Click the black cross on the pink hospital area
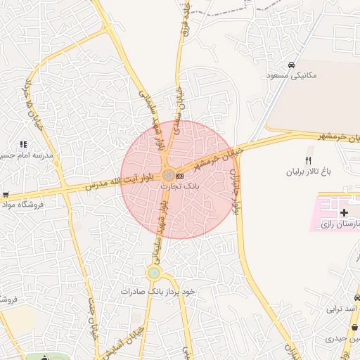pyautogui.click(x=344, y=212)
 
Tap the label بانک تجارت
pyautogui.click(x=180, y=187)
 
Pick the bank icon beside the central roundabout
pyautogui.click(x=179, y=175)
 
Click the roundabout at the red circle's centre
pyautogui.click(x=168, y=175)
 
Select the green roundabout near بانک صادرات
pyautogui.click(x=153, y=273)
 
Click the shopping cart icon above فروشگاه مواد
pyautogui.click(x=6, y=195)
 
